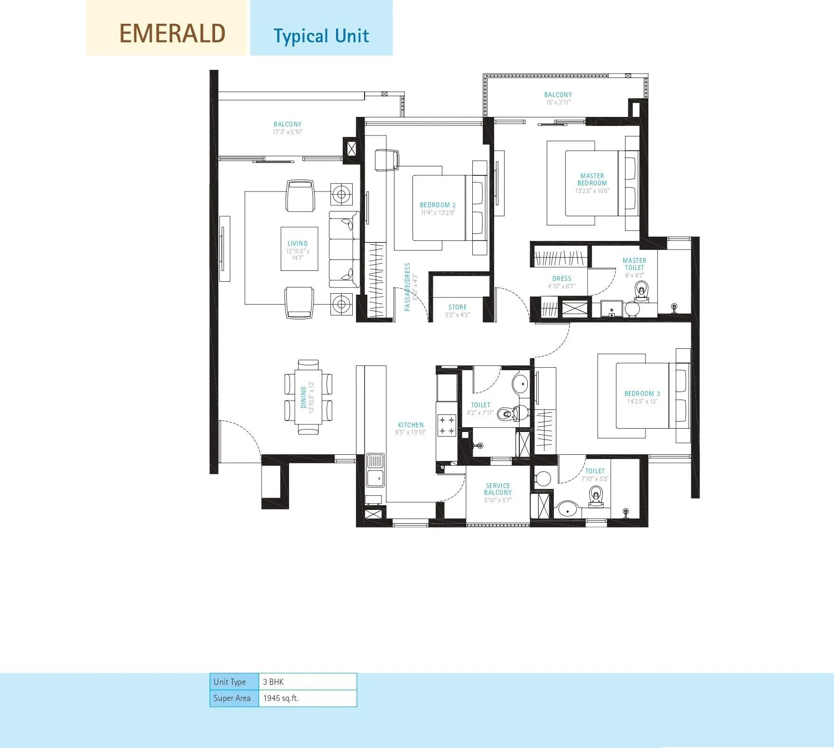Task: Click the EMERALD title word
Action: [172, 34]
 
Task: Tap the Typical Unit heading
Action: [321, 36]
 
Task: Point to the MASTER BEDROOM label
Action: [592, 180]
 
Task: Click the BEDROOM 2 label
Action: [437, 205]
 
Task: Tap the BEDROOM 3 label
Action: [642, 393]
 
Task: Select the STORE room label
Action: [457, 307]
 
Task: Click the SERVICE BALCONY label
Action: [497, 489]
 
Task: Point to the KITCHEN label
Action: [411, 425]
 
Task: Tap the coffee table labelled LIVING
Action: [299, 249]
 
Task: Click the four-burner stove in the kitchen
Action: [446, 425]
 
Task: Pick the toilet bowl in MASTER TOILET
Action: [641, 290]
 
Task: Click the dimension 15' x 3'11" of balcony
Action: [558, 102]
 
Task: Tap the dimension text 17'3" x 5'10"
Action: [287, 132]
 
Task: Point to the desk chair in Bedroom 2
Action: [386, 159]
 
